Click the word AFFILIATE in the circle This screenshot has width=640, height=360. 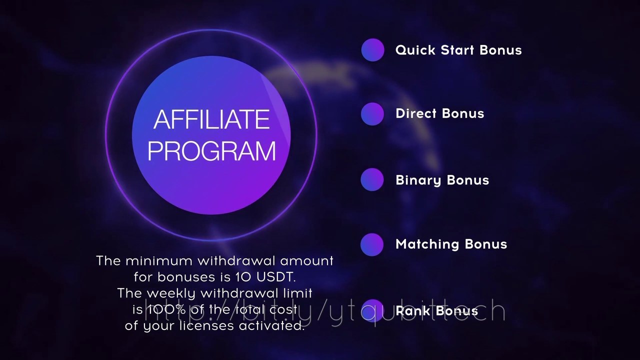coord(211,120)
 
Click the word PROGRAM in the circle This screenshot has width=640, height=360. coord(211,151)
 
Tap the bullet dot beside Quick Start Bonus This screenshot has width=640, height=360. coord(372,50)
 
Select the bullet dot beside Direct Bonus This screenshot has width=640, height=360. coord(372,113)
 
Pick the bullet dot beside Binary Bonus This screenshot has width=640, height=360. coord(372,180)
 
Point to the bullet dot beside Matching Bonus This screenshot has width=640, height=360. coord(372,244)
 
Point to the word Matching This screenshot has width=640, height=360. coord(427,244)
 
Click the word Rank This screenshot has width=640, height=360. coord(413,311)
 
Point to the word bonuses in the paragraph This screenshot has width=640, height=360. coord(182,277)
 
